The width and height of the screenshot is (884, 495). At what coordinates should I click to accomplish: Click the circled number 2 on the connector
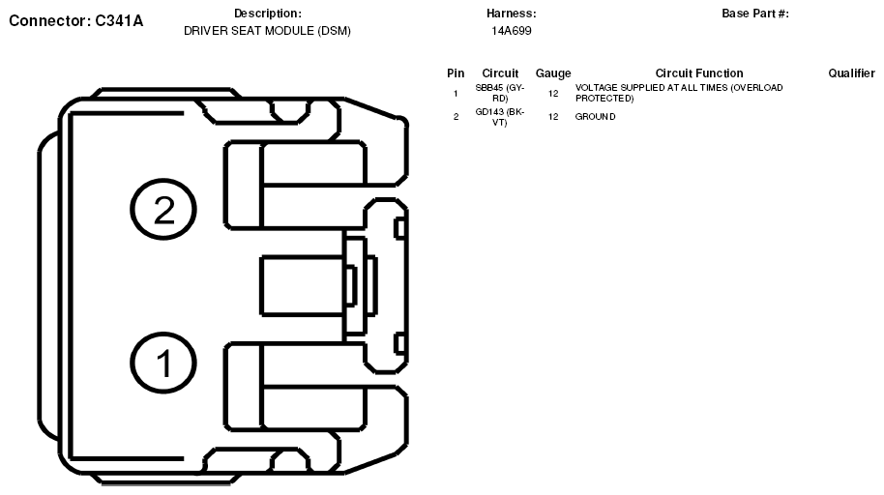point(164,210)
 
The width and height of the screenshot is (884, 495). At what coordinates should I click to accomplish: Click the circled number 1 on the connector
point(164,364)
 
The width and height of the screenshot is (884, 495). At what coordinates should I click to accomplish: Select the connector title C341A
point(75,20)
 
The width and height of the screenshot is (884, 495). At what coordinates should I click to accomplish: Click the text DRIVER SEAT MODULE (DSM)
point(267,31)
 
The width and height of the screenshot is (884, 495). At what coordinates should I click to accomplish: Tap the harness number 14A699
point(512,31)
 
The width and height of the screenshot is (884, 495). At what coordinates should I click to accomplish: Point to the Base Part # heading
point(755,14)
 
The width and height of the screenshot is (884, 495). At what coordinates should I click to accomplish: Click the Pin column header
point(456,73)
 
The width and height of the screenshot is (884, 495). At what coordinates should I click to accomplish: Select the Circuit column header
point(500,73)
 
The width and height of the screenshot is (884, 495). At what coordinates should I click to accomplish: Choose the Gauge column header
point(553,73)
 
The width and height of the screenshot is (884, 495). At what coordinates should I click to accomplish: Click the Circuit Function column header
point(699,73)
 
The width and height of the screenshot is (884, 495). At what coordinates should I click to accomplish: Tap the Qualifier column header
point(851,73)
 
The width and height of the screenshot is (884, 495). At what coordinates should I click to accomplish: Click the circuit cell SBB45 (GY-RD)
point(500,93)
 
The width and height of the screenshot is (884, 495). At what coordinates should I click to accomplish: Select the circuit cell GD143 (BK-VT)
point(500,117)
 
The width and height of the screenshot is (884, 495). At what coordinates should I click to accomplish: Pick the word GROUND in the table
point(595,117)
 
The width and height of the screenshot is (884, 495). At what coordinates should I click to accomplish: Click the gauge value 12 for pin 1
point(553,93)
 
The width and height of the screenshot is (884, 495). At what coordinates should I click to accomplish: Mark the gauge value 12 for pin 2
point(553,117)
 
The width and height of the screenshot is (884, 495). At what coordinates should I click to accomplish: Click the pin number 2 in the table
point(456,117)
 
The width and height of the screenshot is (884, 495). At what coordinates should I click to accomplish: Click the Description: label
point(268,14)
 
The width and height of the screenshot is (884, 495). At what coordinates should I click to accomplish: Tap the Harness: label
point(512,14)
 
